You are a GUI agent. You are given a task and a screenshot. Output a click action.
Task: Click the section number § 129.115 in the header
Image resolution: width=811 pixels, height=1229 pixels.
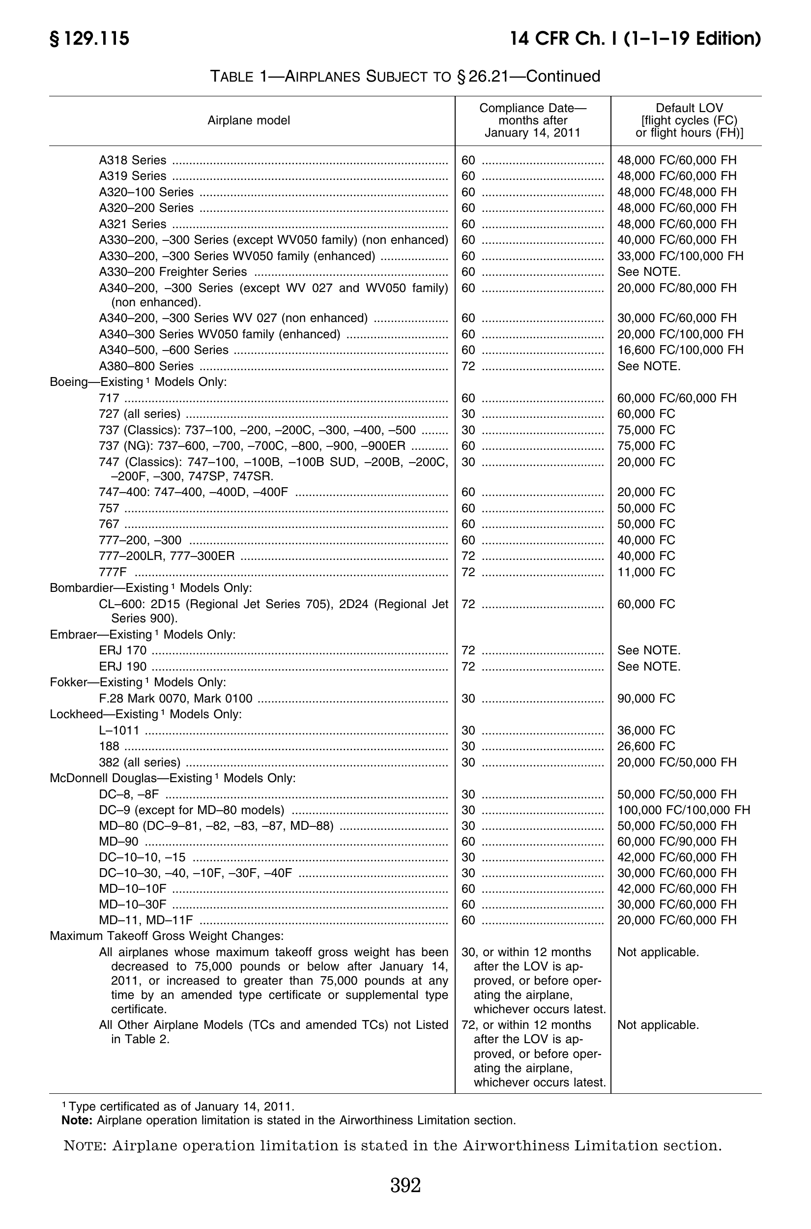89,39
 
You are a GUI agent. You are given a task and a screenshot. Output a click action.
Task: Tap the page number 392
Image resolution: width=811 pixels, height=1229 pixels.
405,1185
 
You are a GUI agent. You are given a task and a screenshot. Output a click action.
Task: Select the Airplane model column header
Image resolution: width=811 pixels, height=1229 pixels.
249,120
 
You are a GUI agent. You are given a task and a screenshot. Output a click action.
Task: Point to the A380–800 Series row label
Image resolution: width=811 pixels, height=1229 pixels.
146,366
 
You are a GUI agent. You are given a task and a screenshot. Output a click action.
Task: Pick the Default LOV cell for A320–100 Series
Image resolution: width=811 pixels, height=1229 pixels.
676,192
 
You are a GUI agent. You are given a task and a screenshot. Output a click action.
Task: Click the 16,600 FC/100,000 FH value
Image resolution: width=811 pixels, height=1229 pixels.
680,350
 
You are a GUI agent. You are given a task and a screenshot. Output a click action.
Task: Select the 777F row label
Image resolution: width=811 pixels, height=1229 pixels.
113,572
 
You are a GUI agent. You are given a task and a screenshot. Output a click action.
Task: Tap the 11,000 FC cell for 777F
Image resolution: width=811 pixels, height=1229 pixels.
646,572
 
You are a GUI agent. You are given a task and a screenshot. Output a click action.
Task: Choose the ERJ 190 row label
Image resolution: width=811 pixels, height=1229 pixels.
123,667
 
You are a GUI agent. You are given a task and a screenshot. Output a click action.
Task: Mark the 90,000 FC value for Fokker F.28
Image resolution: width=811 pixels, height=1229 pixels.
646,699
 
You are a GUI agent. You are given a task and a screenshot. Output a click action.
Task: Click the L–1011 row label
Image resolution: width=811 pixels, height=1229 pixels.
119,731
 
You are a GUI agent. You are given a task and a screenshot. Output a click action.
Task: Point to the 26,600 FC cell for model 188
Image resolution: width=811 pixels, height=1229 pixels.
646,746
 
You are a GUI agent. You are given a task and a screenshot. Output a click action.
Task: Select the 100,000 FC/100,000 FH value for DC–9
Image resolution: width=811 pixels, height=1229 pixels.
683,810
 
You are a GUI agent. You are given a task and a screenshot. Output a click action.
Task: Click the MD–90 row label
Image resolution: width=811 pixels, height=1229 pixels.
119,842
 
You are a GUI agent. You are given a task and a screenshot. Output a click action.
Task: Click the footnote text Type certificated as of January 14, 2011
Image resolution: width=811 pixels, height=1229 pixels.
181,1107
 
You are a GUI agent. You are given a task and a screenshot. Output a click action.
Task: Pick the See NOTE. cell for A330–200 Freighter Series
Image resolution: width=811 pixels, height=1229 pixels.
649,272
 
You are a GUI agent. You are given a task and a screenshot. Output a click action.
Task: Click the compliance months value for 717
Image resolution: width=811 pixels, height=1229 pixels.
468,398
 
